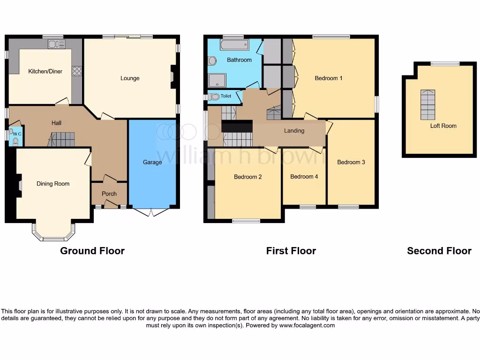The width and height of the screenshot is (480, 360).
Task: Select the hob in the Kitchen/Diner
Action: click(x=76, y=71)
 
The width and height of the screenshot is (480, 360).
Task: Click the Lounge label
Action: click(x=130, y=78)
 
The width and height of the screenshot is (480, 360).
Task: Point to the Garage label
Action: click(x=152, y=162)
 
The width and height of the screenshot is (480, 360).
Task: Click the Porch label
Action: click(x=109, y=194)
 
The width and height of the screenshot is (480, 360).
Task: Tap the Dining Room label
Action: click(x=53, y=184)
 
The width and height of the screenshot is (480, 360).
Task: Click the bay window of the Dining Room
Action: click(x=53, y=232)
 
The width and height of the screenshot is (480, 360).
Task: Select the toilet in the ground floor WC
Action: click(x=16, y=140)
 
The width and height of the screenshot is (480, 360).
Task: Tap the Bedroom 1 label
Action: click(x=328, y=78)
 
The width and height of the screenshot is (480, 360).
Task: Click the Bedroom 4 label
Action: click(x=304, y=177)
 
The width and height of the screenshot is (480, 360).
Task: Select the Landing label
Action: click(x=294, y=131)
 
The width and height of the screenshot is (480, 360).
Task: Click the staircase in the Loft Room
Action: click(x=427, y=105)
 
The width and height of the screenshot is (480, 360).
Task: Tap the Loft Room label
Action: click(x=443, y=126)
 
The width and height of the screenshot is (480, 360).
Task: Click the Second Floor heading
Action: click(x=439, y=251)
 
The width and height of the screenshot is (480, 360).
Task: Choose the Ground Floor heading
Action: click(x=92, y=251)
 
